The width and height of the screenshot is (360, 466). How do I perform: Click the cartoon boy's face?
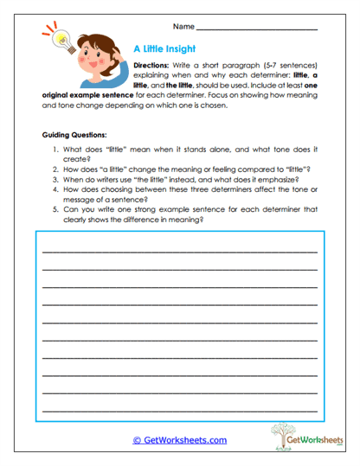point(97,56)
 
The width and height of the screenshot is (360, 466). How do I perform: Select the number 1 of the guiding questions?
point(56,150)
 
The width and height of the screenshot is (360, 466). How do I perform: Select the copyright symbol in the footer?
point(136,440)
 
